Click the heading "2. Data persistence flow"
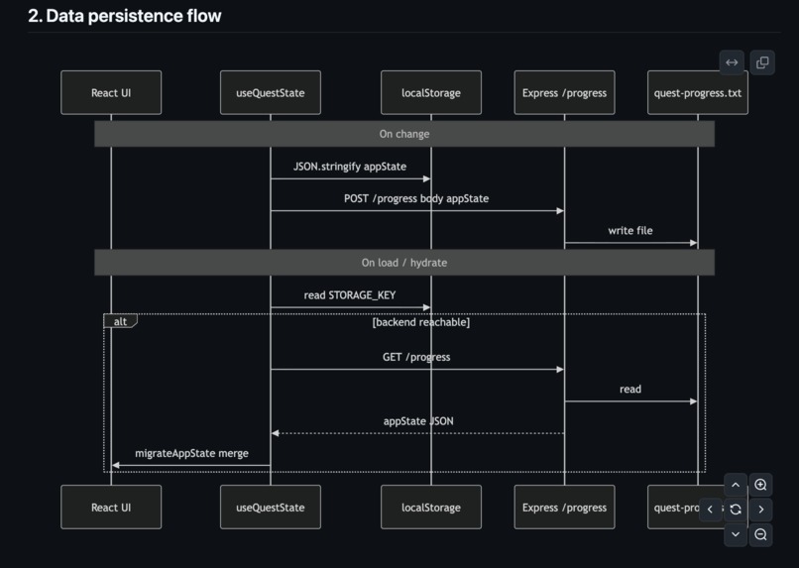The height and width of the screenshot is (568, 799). coord(125,16)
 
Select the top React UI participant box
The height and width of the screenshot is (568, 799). coord(111,93)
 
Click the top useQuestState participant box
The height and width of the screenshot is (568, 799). coord(270,93)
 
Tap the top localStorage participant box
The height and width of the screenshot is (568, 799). coord(430,93)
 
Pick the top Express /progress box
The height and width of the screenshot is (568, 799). coord(564,93)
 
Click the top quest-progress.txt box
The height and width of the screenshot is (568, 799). coord(697,93)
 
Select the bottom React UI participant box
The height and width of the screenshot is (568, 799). coord(111,507)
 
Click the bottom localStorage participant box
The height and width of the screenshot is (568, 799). coord(430,507)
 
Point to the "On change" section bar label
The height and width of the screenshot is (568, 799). coord(404,134)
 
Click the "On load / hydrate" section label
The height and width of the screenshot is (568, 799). coord(404,263)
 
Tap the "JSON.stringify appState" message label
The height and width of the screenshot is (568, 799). coord(350,167)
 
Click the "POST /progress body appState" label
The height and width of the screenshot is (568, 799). coord(416,198)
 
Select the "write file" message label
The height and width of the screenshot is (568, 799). coord(630,230)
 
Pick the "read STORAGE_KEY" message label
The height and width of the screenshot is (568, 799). coord(350,295)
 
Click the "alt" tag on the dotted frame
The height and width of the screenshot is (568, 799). coord(120,321)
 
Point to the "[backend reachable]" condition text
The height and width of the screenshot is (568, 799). coord(420,322)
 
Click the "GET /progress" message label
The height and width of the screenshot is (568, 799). coord(416,357)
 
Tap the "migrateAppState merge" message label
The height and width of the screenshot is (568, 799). coord(191,453)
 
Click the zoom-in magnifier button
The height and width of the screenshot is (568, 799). coord(760,485)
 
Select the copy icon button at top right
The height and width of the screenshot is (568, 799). coord(762,62)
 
